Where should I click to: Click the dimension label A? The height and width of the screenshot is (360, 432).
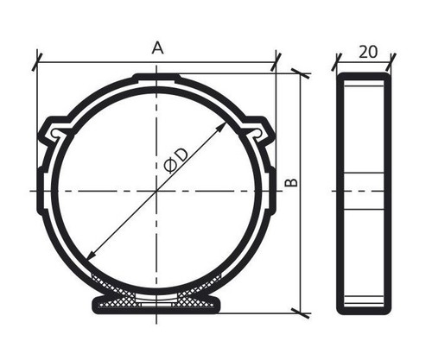click(x=157, y=47)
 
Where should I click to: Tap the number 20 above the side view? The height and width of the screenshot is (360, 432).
click(x=368, y=52)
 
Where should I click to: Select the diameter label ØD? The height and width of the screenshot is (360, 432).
click(x=175, y=161)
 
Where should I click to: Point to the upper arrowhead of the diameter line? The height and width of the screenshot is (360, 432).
click(x=222, y=127)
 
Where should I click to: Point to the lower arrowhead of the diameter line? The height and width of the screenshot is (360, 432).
click(x=92, y=255)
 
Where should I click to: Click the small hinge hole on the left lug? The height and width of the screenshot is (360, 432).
click(x=54, y=133)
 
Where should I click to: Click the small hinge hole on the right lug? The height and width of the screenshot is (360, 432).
click(x=258, y=133)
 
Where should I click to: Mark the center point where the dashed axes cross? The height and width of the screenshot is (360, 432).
click(x=156, y=191)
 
